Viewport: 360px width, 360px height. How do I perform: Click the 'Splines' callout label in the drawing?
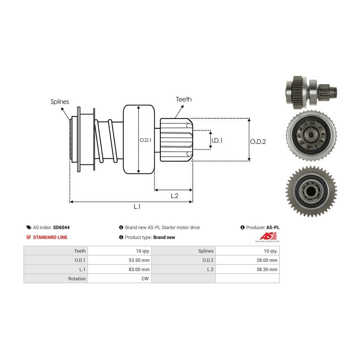(x=60, y=102)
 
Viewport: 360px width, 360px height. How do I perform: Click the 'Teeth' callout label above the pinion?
(x=184, y=99)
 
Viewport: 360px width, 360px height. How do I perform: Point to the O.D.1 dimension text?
(x=145, y=140)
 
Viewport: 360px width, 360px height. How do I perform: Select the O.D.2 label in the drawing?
(x=258, y=141)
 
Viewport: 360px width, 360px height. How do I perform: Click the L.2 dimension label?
(x=174, y=196)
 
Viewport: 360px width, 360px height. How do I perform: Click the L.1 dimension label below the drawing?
(x=137, y=206)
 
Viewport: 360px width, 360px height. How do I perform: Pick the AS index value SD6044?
(x=61, y=227)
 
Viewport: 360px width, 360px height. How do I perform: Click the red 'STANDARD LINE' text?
(x=50, y=237)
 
